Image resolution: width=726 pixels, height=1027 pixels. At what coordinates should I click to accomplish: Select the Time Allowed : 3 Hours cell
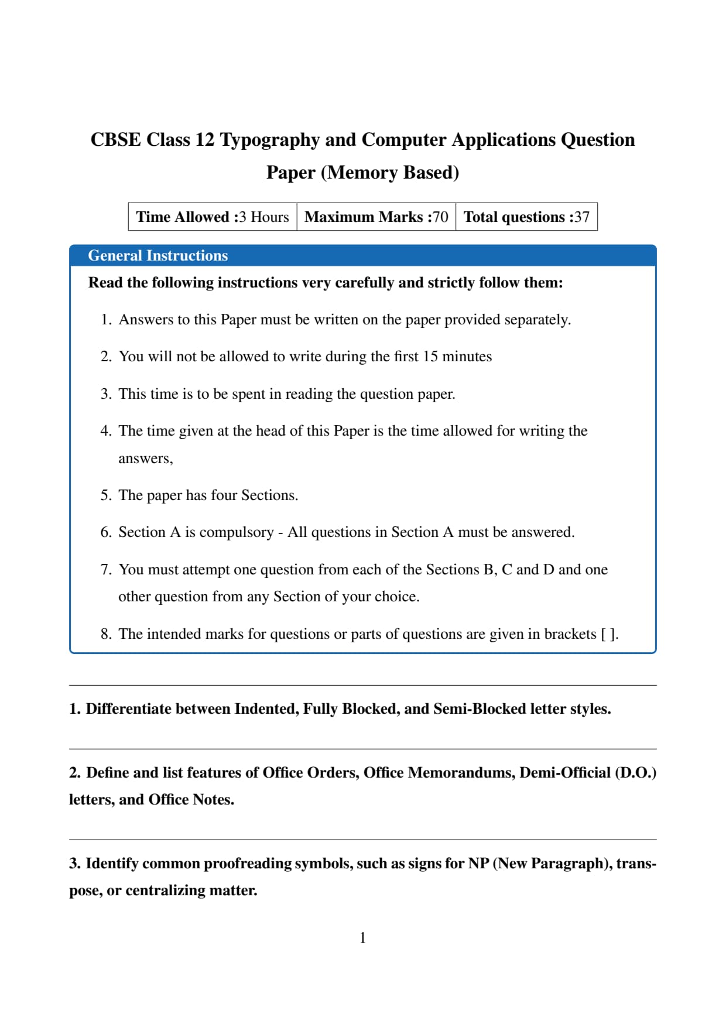(213, 217)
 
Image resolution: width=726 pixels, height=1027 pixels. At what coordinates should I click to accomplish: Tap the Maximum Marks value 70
(440, 217)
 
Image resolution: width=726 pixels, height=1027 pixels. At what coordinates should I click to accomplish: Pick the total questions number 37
(581, 217)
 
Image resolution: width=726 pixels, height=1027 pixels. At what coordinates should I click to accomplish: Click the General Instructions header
(157, 256)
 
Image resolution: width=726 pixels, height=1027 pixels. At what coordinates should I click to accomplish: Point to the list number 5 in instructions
(105, 495)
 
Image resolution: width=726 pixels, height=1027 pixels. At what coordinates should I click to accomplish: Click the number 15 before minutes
(430, 357)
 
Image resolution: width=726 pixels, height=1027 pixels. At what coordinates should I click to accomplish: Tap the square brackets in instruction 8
(609, 634)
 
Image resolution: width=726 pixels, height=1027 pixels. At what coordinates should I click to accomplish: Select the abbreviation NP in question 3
(478, 864)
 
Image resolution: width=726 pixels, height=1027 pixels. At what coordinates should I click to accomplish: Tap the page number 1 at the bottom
(362, 938)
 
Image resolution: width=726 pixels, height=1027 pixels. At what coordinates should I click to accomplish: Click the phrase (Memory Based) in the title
(390, 173)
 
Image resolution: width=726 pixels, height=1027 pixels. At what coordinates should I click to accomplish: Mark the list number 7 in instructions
(105, 570)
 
